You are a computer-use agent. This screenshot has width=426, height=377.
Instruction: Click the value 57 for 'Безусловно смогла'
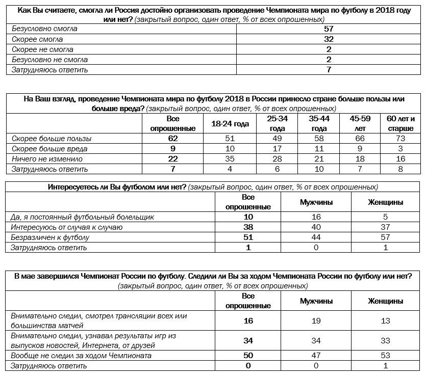[329, 29]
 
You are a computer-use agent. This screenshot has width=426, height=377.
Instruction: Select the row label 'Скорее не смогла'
[42, 49]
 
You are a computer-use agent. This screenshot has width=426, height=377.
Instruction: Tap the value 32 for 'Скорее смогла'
[329, 39]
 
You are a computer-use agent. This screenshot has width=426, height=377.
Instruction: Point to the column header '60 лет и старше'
[400, 124]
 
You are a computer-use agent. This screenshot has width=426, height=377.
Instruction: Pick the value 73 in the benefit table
[400, 139]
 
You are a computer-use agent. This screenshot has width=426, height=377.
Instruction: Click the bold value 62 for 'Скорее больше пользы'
[173, 139]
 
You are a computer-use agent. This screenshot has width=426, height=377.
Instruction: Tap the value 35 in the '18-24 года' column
[230, 159]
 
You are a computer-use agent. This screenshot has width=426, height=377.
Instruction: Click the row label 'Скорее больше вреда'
[49, 149]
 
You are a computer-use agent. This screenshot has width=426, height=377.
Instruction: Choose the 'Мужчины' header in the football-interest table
[316, 202]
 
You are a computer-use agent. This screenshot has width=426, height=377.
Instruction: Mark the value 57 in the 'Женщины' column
[386, 237]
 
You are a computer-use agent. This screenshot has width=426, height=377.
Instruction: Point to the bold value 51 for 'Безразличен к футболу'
[248, 237]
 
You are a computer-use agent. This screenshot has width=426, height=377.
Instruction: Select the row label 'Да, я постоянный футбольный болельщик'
[83, 217]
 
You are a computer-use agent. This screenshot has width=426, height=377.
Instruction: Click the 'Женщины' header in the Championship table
[386, 301]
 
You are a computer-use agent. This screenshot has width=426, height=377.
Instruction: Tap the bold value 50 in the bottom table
[248, 355]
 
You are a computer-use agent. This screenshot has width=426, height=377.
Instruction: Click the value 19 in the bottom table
[316, 320]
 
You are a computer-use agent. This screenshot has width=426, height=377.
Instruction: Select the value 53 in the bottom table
[386, 355]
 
